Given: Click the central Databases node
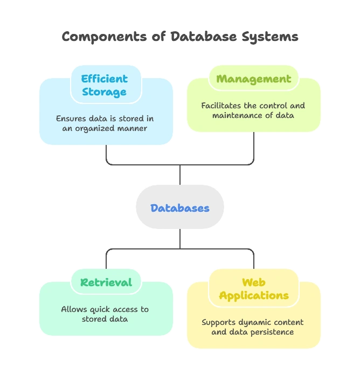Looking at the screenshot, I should (179, 208).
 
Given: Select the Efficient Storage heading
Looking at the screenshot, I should (105, 85).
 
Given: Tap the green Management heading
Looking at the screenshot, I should (253, 79).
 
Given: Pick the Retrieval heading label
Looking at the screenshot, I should (106, 282).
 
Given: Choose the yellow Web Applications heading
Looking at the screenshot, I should (253, 289).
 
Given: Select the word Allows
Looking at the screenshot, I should (73, 309).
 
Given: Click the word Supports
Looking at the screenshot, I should (219, 322).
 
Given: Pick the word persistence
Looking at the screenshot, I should (272, 332).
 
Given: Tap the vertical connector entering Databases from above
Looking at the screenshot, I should (179, 175).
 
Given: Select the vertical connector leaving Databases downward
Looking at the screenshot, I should (179, 238).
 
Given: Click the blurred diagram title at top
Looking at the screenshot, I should (179, 37).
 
